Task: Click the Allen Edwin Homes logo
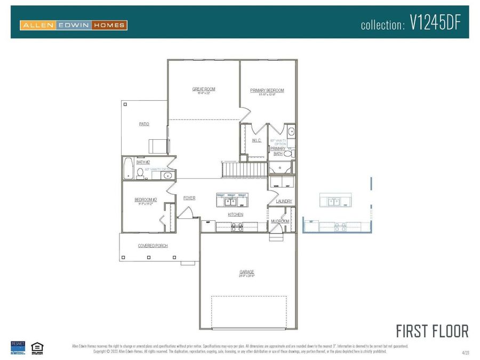(x=74, y=25)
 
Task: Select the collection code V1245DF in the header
(x=435, y=23)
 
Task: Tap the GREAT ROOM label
(x=204, y=89)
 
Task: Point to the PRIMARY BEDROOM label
(x=267, y=91)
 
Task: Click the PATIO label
(x=144, y=124)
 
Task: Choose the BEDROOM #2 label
(x=145, y=199)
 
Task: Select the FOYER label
(x=189, y=198)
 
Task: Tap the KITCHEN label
(x=235, y=214)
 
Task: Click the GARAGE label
(x=246, y=272)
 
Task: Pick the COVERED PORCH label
(x=153, y=246)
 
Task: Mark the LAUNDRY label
(x=284, y=201)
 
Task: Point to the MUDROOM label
(x=280, y=221)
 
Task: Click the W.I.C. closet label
(x=256, y=140)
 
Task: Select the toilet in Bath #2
(x=140, y=172)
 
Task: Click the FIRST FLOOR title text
(x=432, y=331)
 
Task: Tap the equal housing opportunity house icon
(x=37, y=347)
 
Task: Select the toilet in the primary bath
(x=288, y=154)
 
